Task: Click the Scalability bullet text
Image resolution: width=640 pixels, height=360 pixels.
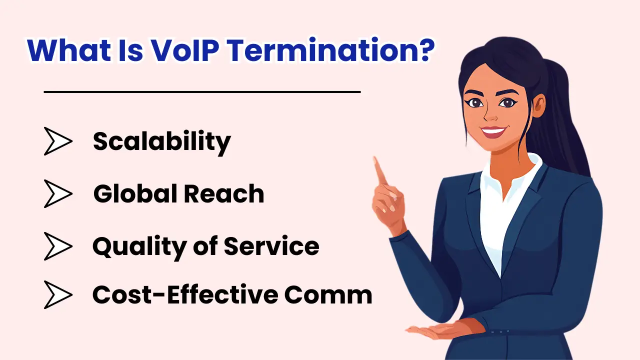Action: [161, 142]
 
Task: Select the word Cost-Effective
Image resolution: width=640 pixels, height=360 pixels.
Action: [184, 294]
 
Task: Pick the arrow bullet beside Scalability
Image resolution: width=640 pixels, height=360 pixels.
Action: [57, 141]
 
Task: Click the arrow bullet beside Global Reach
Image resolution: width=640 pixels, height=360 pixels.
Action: [57, 193]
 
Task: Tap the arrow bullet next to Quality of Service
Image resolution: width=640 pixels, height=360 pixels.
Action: [57, 246]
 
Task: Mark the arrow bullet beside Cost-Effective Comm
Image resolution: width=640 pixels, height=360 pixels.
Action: [57, 294]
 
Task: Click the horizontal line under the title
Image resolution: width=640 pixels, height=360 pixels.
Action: [202, 92]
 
